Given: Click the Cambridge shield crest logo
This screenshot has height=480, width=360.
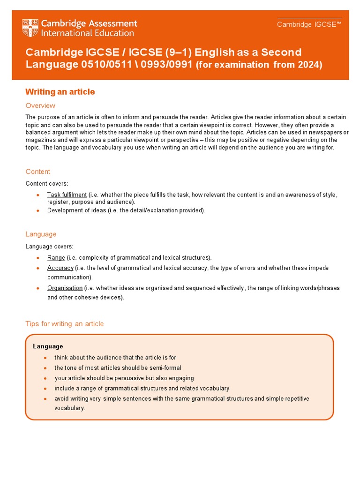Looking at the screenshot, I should coord(30,28).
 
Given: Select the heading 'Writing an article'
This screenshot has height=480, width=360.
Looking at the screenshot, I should coord(60,92).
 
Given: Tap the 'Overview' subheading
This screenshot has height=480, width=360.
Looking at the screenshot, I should coord(40,105).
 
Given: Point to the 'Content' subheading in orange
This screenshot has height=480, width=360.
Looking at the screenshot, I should coord(38,172).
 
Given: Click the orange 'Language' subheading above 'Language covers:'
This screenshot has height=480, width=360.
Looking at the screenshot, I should coord(41,234).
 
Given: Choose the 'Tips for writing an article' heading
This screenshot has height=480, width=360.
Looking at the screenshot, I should coord(65,324).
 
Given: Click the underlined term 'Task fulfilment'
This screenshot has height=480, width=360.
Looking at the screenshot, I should coord(67,195).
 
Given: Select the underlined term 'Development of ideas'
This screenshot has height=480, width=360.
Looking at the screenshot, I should coord(76,210).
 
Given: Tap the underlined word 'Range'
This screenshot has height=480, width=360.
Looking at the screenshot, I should coord(56,258).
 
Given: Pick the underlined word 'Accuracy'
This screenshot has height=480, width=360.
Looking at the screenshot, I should coord(60,268).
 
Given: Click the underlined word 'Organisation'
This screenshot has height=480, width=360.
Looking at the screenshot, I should coord(65,288).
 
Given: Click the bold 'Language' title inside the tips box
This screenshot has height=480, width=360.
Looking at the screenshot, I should coord(48,346).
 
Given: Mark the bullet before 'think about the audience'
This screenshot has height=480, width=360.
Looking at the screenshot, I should coord(45,358).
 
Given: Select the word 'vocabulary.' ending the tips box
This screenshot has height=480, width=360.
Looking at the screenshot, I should coord(70,408).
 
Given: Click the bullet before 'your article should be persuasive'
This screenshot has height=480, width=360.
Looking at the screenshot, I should coord(45,378).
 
